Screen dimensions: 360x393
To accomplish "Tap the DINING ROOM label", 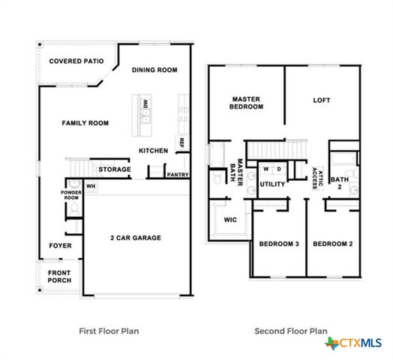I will [154, 70].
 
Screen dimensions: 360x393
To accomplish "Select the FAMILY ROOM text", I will [85, 123].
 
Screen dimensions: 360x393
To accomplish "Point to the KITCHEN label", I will [153, 151].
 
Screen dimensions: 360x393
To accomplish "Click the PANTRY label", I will [178, 175].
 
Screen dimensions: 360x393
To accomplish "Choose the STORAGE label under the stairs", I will [115, 169].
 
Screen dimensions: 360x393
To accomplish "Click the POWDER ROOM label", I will [71, 195].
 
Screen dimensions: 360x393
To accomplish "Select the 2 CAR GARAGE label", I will [136, 238].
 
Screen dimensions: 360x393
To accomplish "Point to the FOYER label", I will [61, 246].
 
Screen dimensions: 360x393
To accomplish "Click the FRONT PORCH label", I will [60, 276].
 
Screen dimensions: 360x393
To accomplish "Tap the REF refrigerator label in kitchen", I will [181, 142].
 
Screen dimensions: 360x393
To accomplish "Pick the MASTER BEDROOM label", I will [247, 103].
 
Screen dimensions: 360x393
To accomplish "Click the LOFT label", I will [322, 100].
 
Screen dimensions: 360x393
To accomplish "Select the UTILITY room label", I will [271, 184].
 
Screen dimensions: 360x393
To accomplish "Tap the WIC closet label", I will [231, 220].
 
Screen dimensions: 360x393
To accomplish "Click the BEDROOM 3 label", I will [279, 244].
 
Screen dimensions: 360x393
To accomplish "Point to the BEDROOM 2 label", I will [332, 244].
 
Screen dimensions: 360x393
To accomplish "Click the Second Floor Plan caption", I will [291, 330].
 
